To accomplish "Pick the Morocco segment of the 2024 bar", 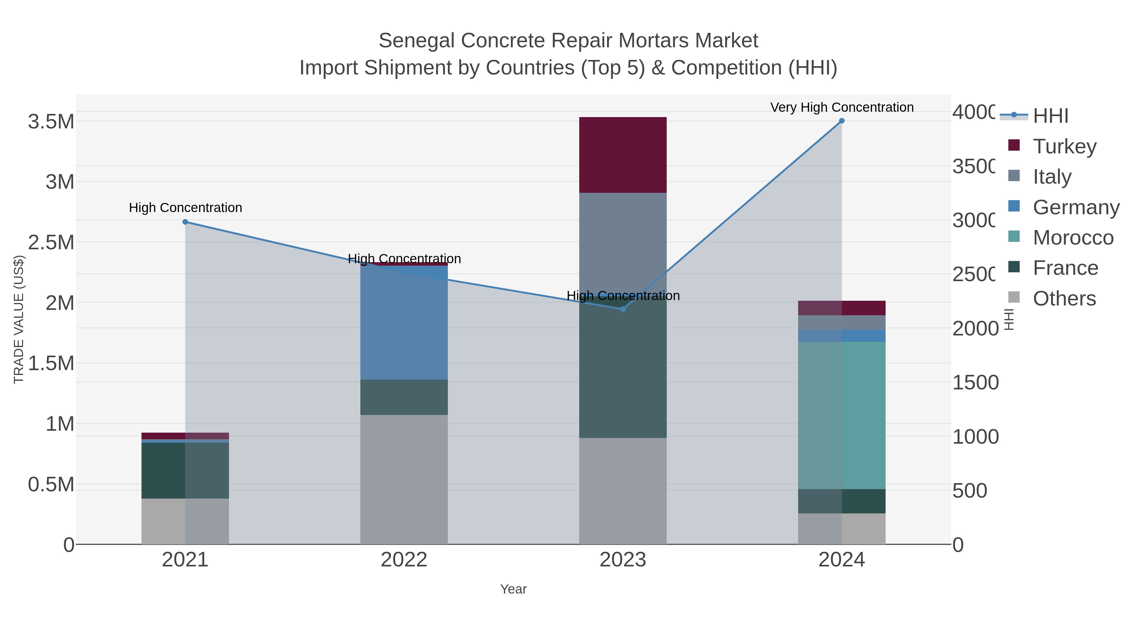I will click(x=841, y=415).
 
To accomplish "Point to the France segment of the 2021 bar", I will click(x=185, y=470).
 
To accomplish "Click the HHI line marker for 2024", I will click(x=841, y=121).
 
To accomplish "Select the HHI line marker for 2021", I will click(x=185, y=222).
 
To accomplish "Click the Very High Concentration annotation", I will click(x=841, y=107).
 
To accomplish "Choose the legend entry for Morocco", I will click(x=1073, y=238).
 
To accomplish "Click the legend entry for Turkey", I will click(x=1064, y=146).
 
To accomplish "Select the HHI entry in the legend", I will click(x=1050, y=116).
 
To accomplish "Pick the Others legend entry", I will click(x=1064, y=299).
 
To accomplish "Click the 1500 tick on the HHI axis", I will click(x=975, y=382).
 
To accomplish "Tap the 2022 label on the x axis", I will click(x=404, y=559).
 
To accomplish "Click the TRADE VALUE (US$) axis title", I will click(x=19, y=319).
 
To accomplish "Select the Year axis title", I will click(x=513, y=589).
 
